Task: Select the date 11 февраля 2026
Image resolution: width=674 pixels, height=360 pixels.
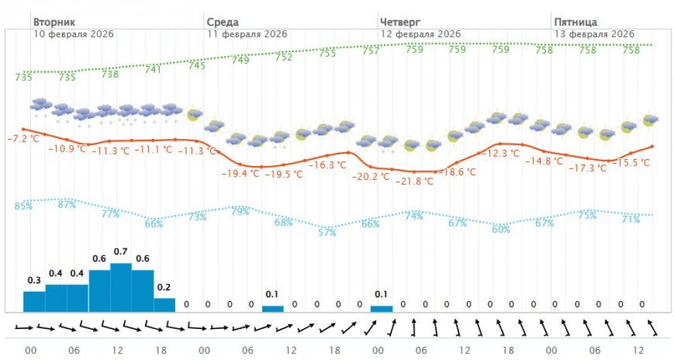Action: point(247,34)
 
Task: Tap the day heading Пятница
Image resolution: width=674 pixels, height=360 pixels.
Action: point(575,22)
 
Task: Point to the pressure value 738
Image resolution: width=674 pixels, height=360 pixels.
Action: point(110,74)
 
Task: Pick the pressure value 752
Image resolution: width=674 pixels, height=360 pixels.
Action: point(284,57)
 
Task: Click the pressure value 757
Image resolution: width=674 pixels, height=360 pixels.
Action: point(371,51)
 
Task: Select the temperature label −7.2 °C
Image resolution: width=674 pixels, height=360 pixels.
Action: point(24,139)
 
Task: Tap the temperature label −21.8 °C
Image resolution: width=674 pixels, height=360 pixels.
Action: point(414,181)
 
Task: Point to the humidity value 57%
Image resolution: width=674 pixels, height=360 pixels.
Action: point(327,233)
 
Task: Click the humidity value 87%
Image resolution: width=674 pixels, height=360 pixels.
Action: point(67,204)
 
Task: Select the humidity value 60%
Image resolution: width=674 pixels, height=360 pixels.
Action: point(501,229)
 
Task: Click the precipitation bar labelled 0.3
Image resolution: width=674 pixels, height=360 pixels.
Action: point(34,301)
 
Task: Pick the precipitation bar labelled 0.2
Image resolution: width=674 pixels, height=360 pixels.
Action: point(164,305)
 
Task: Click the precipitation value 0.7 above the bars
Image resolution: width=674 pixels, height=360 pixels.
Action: point(121,251)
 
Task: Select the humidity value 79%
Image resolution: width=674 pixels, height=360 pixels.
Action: point(241,212)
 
